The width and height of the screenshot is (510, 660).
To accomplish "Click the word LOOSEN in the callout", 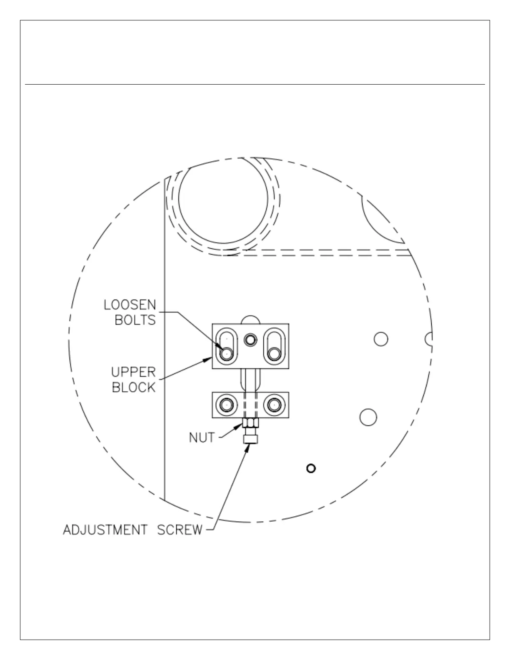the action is tap(130, 305).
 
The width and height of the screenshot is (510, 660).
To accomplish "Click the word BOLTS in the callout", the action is tap(135, 320).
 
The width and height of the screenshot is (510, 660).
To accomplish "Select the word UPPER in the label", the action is tap(133, 372).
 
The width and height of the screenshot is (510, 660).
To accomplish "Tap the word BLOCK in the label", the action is tap(134, 387).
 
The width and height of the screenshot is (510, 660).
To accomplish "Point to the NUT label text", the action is tap(202, 438).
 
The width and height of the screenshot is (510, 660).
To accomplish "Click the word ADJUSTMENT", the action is tap(105, 530).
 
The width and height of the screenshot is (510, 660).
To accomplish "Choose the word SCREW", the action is tap(180, 530).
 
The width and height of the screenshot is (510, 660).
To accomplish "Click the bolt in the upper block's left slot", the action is tap(226, 354).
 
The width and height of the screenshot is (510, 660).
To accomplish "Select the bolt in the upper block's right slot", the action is tap(274, 354).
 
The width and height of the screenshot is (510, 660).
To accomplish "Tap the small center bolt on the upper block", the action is tap(250, 340).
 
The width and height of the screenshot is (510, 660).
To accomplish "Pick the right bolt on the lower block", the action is tap(274, 405).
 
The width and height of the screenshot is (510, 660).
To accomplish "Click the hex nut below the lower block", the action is tap(250, 423).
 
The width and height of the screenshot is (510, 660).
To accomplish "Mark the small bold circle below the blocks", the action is tap(311, 468).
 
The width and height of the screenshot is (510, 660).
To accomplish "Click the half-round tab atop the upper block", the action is tap(250, 320).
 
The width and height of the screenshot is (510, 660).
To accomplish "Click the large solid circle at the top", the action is tap(223, 199).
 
